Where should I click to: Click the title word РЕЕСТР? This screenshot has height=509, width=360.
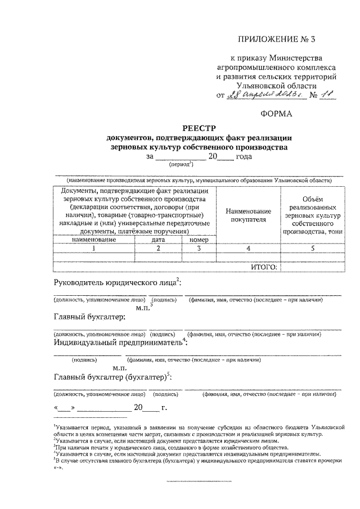(x=200, y=128)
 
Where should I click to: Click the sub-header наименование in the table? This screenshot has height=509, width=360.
(x=94, y=240)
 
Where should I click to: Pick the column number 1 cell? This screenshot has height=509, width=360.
(x=94, y=247)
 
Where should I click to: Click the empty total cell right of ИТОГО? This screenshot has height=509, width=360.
(x=312, y=267)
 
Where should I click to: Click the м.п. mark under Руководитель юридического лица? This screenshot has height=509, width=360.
(x=144, y=307)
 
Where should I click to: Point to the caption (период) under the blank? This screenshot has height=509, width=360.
(x=181, y=165)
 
